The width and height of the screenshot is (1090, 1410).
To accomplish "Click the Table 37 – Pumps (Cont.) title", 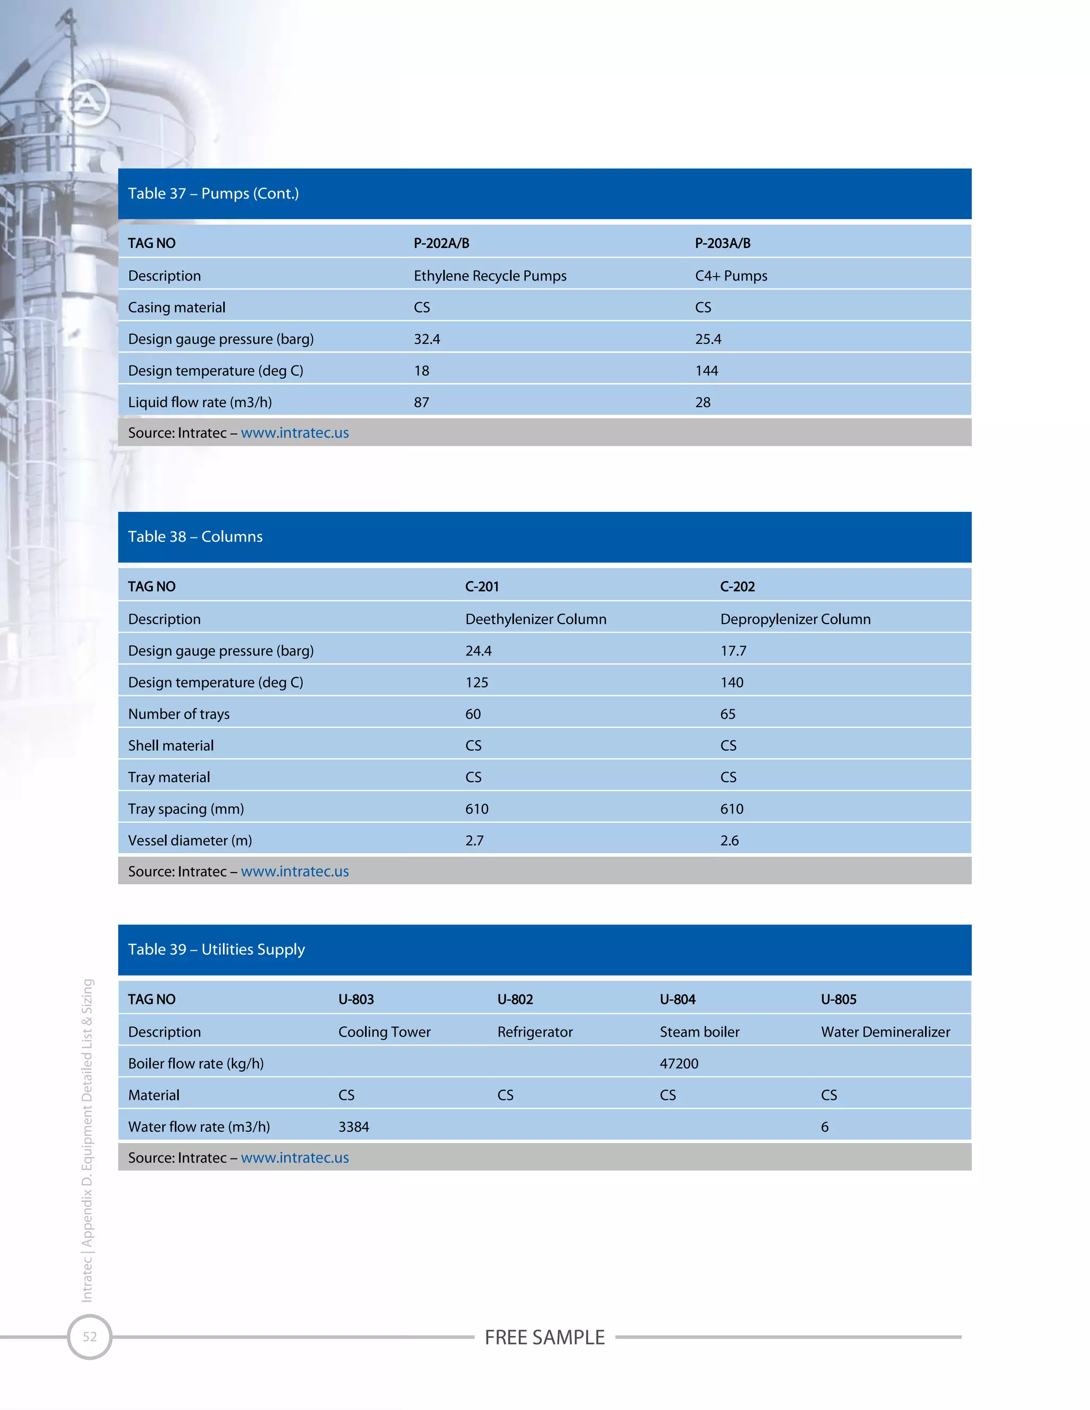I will pyautogui.click(x=213, y=194).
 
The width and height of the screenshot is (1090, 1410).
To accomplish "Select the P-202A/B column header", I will pyautogui.click(x=441, y=243).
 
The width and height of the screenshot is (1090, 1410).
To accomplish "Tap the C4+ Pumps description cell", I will pyautogui.click(x=731, y=276).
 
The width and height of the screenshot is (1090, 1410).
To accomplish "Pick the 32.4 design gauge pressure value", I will pyautogui.click(x=427, y=339).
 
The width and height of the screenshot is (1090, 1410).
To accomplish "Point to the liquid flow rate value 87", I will pyautogui.click(x=421, y=403).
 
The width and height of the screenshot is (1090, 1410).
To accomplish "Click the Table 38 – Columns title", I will pyautogui.click(x=195, y=536).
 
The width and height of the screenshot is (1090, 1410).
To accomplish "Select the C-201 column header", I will pyautogui.click(x=482, y=587).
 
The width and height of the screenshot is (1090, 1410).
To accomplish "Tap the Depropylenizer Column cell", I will pyautogui.click(x=795, y=620).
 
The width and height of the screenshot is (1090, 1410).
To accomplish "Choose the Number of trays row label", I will pyautogui.click(x=179, y=714).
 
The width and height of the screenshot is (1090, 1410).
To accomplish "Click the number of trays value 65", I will pyautogui.click(x=728, y=714).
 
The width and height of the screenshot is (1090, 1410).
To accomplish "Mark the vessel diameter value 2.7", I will pyautogui.click(x=474, y=841).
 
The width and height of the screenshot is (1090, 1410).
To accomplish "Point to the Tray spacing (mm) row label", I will pyautogui.click(x=186, y=809).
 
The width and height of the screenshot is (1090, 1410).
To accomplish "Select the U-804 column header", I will pyautogui.click(x=678, y=999).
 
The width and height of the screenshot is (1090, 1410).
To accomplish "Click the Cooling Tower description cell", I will pyautogui.click(x=384, y=1032).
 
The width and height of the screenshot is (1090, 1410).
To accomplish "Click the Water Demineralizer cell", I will pyautogui.click(x=885, y=1032).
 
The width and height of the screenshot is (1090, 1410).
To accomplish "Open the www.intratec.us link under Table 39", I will pyautogui.click(x=294, y=1158).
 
